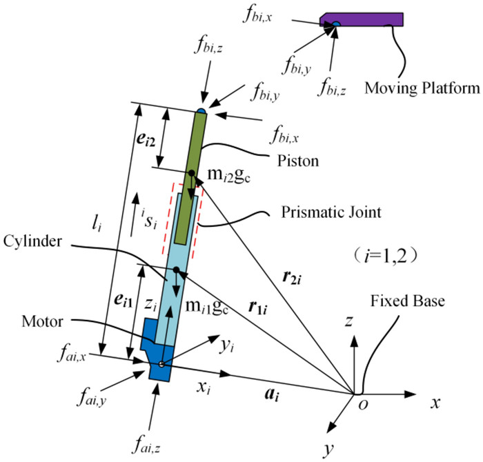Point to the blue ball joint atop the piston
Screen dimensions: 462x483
200,111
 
